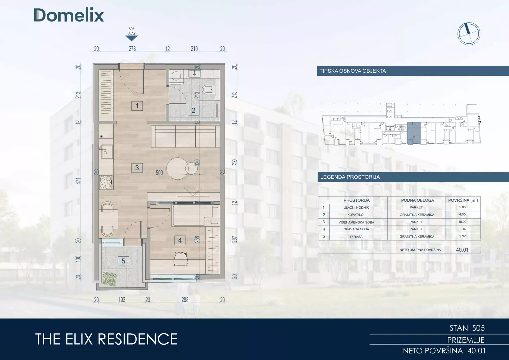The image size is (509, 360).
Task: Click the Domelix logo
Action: tap(69, 15)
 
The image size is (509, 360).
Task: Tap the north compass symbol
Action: tap(469, 34)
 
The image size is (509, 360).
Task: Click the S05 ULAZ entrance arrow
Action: tap(132, 38)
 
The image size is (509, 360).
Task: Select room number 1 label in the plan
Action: tap(137, 106)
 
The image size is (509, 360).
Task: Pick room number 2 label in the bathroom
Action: tap(194, 110)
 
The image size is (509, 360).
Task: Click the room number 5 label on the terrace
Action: tap(123, 261)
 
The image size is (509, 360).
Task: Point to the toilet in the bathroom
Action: tap(207, 90)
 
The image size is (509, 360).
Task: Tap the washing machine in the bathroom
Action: tap(176, 76)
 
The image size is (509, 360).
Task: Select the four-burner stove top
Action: tap(106, 183)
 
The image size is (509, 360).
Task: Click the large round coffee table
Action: tap(178, 169)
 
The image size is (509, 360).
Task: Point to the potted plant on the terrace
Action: tap(110, 279)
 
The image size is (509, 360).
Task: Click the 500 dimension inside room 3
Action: tap(159, 173)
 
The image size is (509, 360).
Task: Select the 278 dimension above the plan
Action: tap(132, 49)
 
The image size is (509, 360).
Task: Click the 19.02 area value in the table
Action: tap(462, 222)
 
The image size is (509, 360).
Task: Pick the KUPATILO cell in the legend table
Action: tap(355, 215)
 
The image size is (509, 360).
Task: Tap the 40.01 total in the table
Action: tap(462, 250)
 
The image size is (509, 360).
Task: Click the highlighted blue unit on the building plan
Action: tap(414, 133)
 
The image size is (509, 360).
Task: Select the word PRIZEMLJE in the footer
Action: tap(466, 340)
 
